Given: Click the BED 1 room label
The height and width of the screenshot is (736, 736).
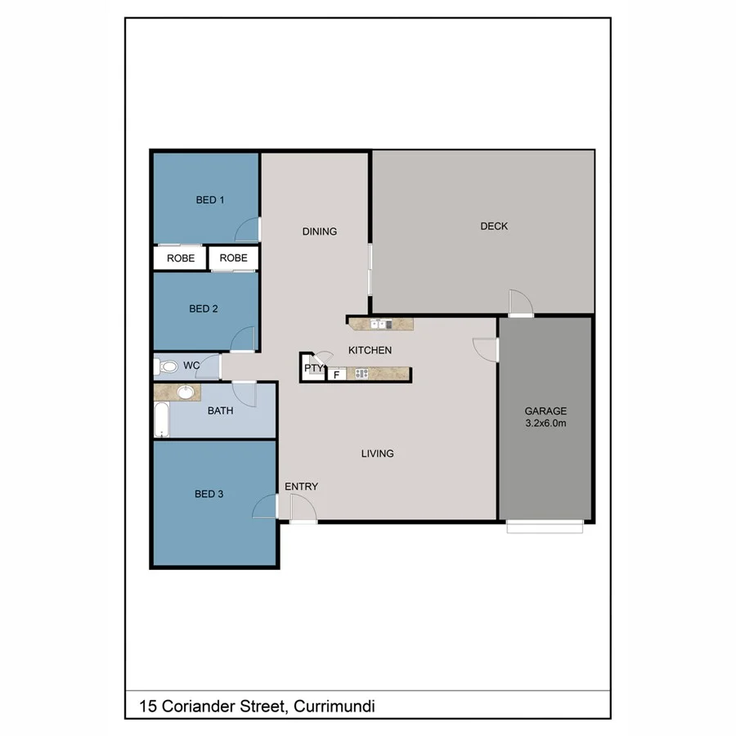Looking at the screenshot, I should pyautogui.click(x=210, y=200).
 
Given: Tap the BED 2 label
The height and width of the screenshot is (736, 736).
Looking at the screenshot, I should pyautogui.click(x=204, y=309).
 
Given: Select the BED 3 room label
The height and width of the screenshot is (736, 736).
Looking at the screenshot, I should pyautogui.click(x=209, y=494).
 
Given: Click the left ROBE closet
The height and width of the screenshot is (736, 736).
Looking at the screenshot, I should pyautogui.click(x=181, y=258).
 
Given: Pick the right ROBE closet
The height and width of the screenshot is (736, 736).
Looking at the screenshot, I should pyautogui.click(x=233, y=258).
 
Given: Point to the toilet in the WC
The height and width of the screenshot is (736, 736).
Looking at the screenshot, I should pyautogui.click(x=167, y=366).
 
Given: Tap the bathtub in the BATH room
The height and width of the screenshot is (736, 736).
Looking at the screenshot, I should pyautogui.click(x=161, y=420).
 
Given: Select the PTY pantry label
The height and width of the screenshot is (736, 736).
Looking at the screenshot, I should pyautogui.click(x=313, y=369).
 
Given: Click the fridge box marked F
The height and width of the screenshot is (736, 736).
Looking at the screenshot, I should pyautogui.click(x=335, y=375).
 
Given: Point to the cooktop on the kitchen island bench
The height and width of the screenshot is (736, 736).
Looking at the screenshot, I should pyautogui.click(x=361, y=375).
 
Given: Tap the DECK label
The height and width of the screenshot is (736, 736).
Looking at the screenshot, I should pyautogui.click(x=494, y=226).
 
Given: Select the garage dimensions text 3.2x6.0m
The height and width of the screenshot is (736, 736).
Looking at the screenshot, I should pyautogui.click(x=545, y=424).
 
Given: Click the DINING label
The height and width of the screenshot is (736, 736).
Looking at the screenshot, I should pyautogui.click(x=320, y=231).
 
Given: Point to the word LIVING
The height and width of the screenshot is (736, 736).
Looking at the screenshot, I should pyautogui.click(x=378, y=453).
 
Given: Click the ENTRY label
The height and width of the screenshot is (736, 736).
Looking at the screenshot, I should pyautogui.click(x=301, y=487).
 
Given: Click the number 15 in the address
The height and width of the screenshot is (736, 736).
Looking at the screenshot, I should pyautogui.click(x=148, y=706).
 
